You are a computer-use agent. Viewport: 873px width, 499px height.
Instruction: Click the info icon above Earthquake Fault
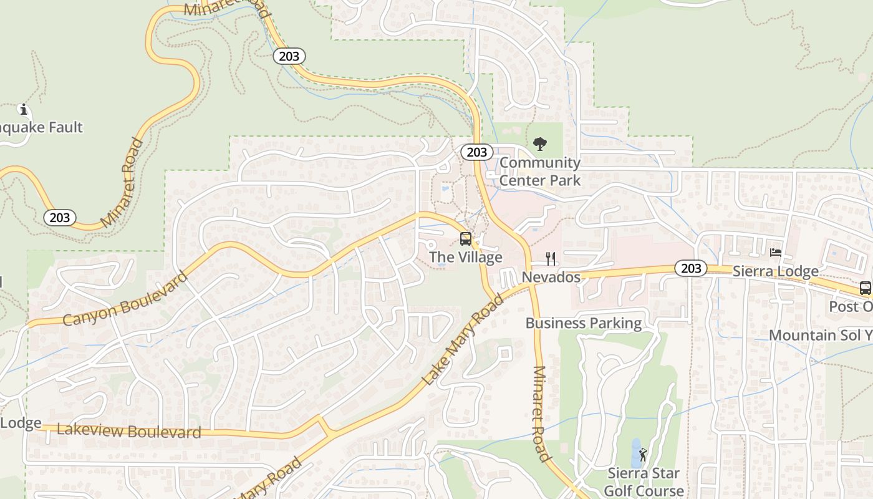[24, 110]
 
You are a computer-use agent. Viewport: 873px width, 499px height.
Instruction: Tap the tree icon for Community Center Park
[540, 144]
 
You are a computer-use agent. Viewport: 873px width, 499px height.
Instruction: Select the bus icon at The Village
[466, 238]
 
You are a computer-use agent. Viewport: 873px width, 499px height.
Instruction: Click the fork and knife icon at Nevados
[551, 258]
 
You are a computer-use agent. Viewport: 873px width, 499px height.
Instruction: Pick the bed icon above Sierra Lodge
[776, 253]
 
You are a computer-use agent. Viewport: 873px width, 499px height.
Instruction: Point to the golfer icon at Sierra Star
[643, 455]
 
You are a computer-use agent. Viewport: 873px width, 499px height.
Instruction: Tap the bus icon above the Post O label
[865, 288]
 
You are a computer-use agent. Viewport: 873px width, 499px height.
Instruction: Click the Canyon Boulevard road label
[125, 299]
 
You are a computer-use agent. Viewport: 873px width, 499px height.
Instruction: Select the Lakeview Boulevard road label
[129, 430]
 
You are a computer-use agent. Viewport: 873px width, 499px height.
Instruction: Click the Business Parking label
[584, 323]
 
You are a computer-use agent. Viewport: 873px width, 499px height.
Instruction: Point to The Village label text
[466, 257]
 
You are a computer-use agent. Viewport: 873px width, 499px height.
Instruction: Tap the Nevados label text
[551, 277]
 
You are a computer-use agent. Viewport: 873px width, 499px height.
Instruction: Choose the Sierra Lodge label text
[776, 271]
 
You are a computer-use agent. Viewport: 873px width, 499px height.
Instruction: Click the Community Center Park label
[540, 172]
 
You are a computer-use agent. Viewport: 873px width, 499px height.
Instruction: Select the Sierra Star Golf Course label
[644, 482]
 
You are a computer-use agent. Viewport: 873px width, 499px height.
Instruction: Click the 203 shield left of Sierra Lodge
[690, 269]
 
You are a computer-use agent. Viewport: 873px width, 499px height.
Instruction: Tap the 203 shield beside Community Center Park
[477, 152]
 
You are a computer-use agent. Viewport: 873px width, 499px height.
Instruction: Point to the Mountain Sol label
[820, 335]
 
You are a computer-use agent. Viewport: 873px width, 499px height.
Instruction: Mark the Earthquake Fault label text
[41, 128]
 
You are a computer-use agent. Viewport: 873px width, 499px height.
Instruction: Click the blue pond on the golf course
[635, 453]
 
